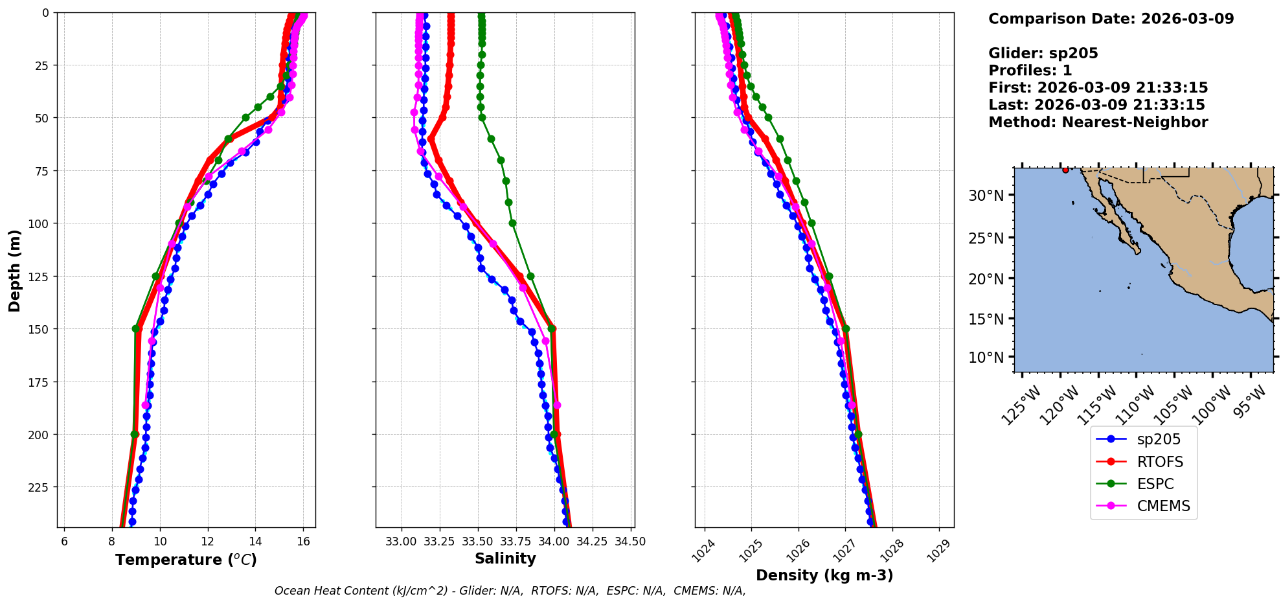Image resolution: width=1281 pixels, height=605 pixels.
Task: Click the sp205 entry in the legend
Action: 1158,439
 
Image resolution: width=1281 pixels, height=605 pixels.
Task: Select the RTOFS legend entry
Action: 1159,462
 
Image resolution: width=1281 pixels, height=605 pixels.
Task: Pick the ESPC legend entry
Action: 1155,484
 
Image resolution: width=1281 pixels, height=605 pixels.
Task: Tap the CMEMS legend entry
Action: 1163,506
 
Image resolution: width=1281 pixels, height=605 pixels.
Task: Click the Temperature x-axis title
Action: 186,560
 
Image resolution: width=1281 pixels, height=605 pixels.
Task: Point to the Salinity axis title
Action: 505,559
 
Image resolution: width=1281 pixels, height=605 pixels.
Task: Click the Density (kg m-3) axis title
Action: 824,575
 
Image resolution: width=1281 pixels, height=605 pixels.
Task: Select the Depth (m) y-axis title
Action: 14,270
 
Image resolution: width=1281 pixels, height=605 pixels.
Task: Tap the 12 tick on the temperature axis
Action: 207,542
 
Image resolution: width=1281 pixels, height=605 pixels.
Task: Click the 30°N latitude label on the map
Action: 986,196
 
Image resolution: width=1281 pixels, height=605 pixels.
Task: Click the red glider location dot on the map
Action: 1065,170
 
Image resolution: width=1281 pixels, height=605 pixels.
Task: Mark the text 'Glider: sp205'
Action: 1043,53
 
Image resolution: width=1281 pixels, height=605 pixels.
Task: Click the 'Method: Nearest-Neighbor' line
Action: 1098,122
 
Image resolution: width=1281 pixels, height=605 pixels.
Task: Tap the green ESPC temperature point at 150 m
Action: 136,329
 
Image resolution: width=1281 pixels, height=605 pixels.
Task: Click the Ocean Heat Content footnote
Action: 510,591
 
